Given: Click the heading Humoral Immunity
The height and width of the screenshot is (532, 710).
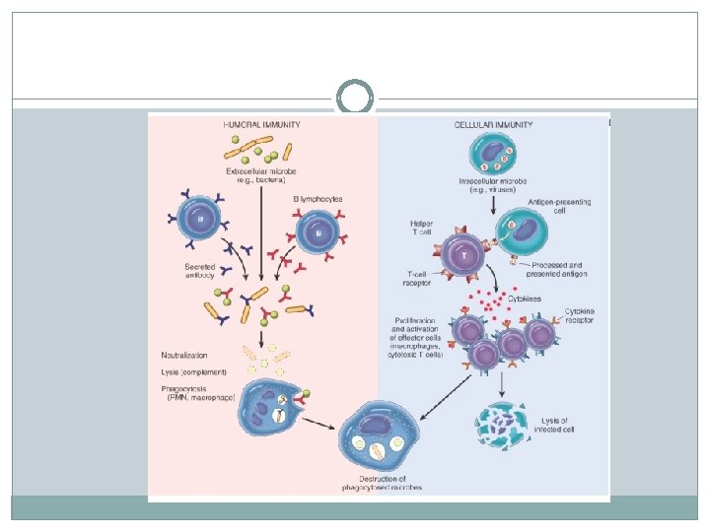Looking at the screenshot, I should click(261, 125).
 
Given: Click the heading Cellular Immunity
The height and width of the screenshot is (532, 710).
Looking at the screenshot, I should click(492, 125).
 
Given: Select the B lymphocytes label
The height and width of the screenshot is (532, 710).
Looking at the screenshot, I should click(318, 199).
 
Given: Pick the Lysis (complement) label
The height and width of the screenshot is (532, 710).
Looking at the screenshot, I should click(193, 371).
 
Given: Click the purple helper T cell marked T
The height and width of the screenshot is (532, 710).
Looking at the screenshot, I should click(464, 255).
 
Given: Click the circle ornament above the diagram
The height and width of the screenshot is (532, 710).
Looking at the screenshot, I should click(355, 99).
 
